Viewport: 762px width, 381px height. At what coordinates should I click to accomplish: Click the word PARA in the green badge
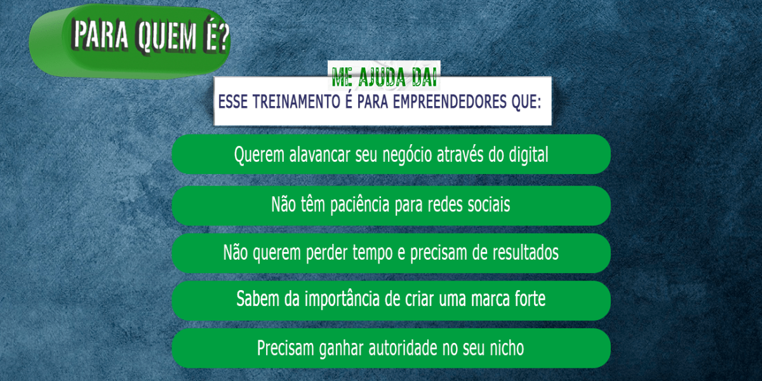(x=101, y=35)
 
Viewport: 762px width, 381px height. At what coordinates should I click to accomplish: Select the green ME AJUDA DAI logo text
(x=384, y=77)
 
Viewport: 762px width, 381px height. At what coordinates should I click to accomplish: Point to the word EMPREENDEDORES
(x=450, y=102)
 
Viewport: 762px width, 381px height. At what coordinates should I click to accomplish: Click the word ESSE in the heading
(x=232, y=102)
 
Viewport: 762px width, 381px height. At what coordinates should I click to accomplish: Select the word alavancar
(x=320, y=155)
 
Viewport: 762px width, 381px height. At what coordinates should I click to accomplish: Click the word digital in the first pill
(x=528, y=155)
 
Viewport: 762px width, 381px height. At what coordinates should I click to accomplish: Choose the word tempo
(x=373, y=253)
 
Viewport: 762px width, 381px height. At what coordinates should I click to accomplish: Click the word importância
(x=342, y=299)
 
